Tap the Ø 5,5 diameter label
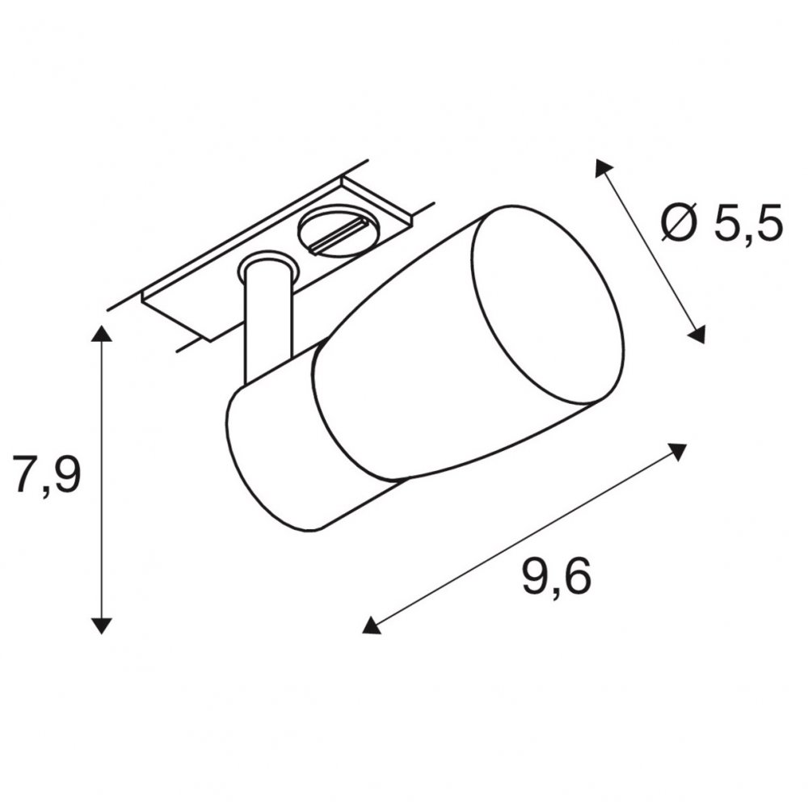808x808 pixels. point(722,223)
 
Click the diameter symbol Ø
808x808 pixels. point(681,223)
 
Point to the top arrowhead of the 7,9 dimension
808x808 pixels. point(101,334)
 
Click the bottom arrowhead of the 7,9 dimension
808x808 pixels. point(101,625)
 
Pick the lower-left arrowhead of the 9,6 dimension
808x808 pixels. point(371,625)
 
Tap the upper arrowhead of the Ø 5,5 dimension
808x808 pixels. point(603,168)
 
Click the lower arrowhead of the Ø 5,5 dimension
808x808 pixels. point(696,334)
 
